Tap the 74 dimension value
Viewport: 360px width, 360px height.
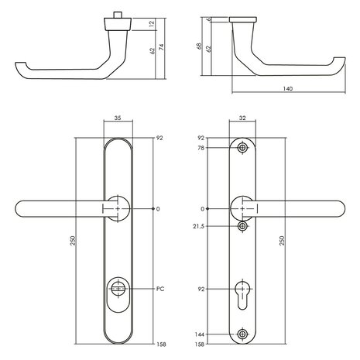click(x=162, y=46)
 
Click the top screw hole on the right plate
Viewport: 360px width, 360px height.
click(x=244, y=147)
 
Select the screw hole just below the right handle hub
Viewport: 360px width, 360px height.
click(x=244, y=226)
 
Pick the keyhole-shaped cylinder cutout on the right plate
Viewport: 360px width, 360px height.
click(x=244, y=293)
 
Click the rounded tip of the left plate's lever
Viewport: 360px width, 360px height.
click(x=21, y=209)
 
